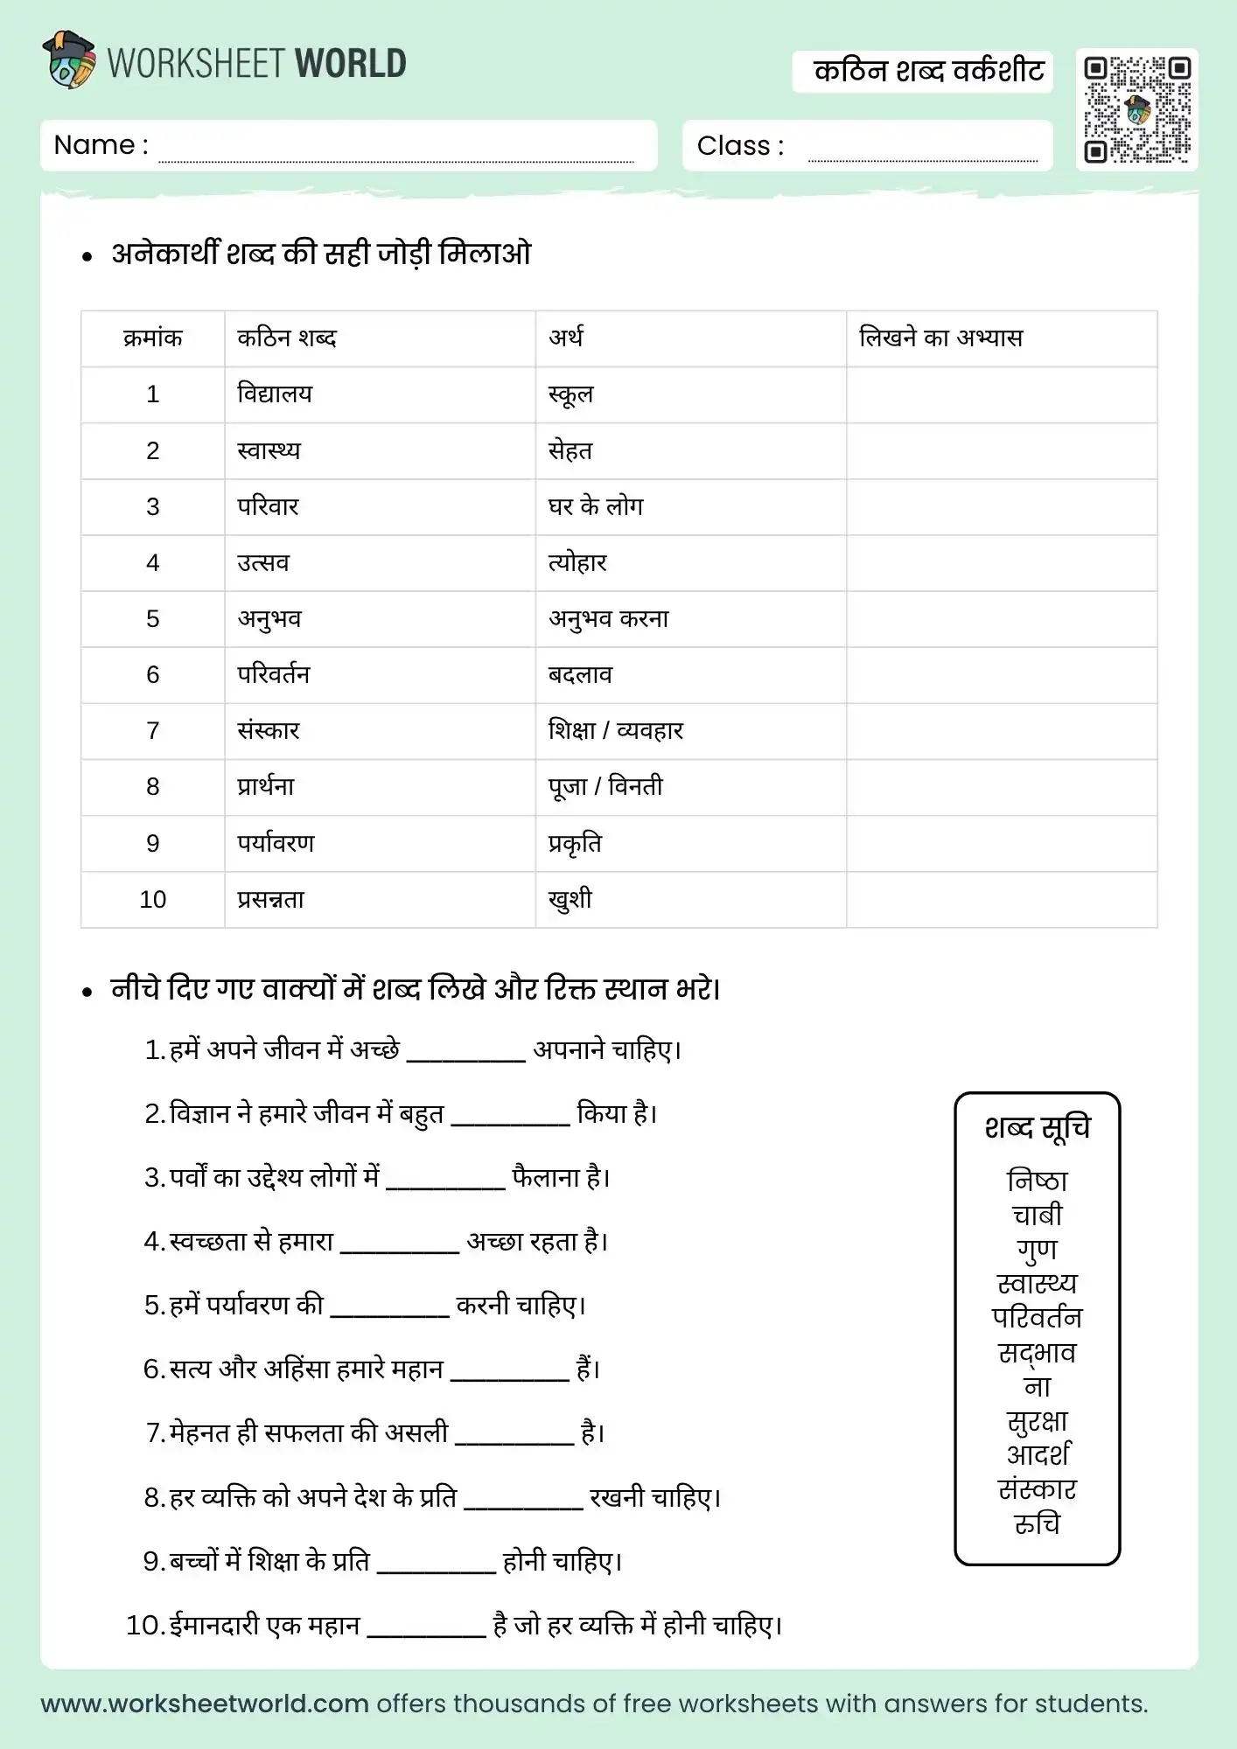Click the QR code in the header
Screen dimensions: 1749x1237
point(1136,109)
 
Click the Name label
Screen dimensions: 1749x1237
point(101,145)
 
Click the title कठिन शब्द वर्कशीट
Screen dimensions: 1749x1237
point(928,71)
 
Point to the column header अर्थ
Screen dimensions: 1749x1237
point(566,338)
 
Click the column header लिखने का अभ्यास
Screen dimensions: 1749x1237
point(940,338)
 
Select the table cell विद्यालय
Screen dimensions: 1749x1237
point(275,394)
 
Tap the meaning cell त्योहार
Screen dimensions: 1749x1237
point(577,562)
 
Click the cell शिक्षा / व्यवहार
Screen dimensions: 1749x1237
point(616,730)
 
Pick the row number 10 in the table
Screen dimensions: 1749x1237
point(153,899)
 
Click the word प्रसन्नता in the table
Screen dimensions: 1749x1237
point(271,899)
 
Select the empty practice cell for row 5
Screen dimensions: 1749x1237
point(1002,619)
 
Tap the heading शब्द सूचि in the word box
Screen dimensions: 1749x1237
point(1038,1128)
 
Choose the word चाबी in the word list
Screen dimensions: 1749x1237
point(1038,1215)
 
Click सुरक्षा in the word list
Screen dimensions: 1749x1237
point(1038,1421)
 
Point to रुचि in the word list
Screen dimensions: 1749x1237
point(1038,1523)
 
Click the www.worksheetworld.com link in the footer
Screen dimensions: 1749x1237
point(205,1704)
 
